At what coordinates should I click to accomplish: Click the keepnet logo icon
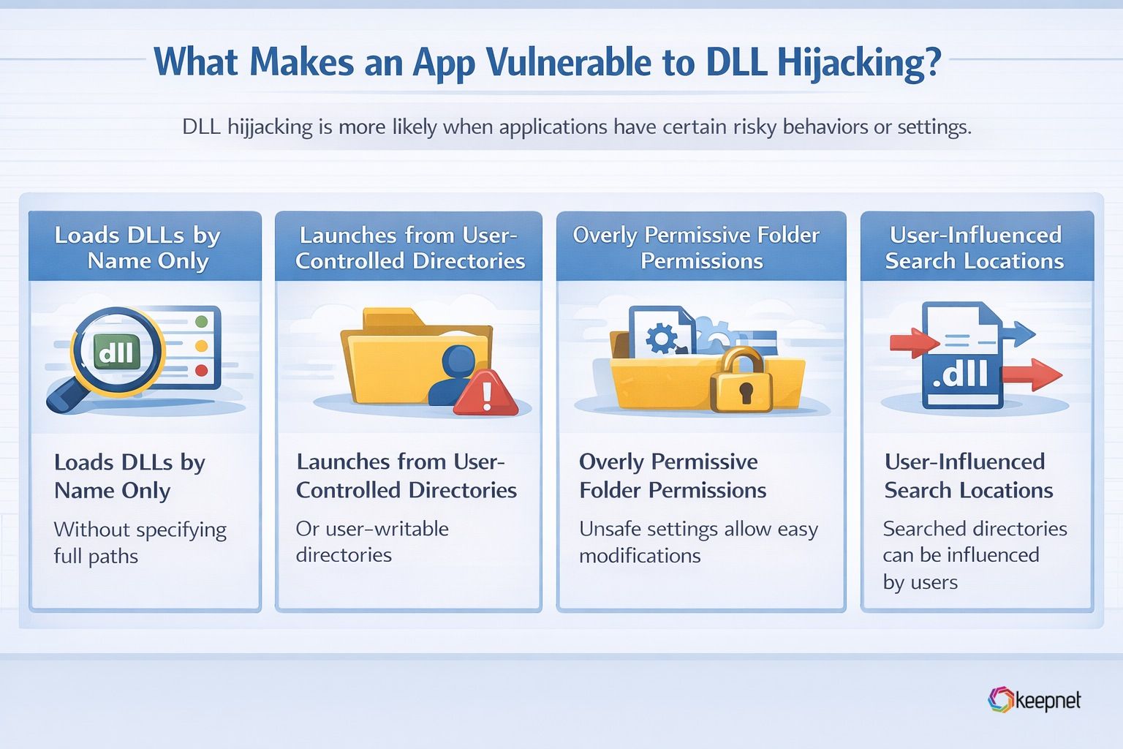tap(1000, 700)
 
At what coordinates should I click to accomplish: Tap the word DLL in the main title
tap(736, 63)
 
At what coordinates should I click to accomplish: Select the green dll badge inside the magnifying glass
tap(116, 353)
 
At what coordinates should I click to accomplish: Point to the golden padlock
tap(741, 380)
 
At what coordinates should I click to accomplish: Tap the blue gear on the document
tap(662, 338)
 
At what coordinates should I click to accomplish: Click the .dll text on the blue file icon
tap(960, 374)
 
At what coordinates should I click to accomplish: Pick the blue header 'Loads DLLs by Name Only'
tap(145, 247)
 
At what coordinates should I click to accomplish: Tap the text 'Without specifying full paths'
tap(140, 543)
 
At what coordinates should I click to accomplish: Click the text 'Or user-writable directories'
tap(372, 541)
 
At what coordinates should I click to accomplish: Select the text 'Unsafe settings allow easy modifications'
tap(698, 542)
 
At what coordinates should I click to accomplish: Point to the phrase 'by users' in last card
tap(920, 582)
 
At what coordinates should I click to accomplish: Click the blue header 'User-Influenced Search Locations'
tap(975, 247)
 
